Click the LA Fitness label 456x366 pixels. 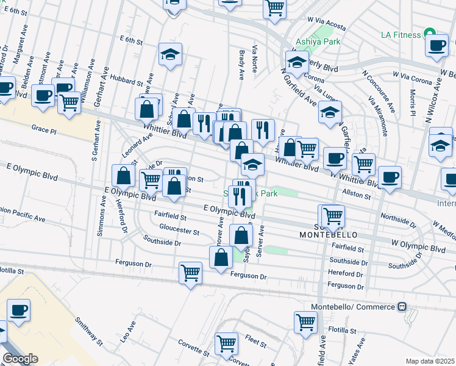[401, 34]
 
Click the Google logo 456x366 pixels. [20, 359]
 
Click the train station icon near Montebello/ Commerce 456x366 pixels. [402, 306]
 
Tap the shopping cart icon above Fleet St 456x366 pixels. [227, 343]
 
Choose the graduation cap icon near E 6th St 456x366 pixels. [171, 54]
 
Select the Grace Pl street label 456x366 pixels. [44, 130]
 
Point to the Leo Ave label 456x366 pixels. [127, 333]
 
